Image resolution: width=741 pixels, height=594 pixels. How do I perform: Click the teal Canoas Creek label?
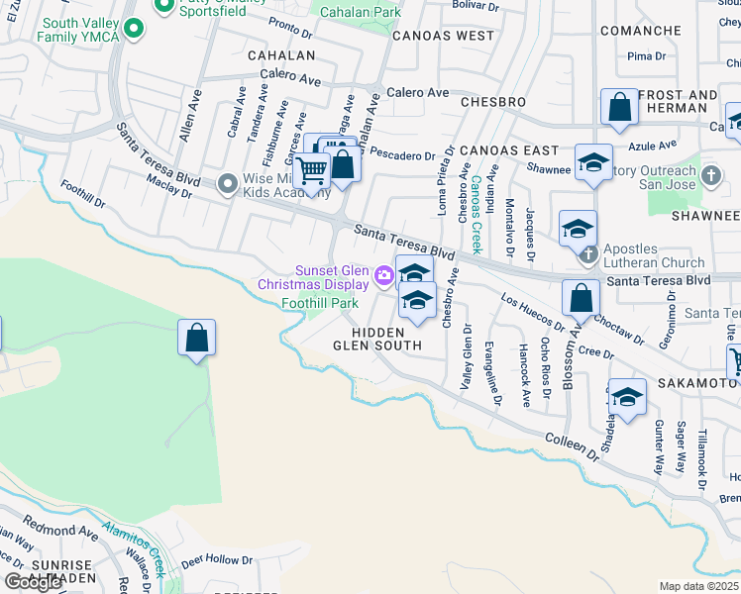[x=476, y=214]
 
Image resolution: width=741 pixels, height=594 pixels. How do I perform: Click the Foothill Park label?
[x=319, y=302]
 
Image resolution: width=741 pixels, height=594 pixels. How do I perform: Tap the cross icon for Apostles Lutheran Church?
[x=587, y=253]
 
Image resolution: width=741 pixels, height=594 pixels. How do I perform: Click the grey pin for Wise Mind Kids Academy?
[x=228, y=183]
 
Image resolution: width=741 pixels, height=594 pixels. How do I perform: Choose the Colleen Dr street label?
[x=572, y=445]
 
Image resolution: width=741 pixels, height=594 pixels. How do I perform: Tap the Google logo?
[x=32, y=582]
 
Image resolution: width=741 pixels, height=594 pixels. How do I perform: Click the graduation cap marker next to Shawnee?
[x=592, y=163]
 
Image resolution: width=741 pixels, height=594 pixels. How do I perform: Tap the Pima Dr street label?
[x=646, y=56]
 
